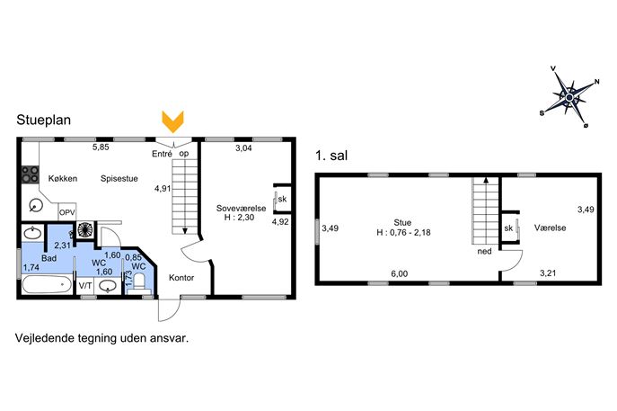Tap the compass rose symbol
[570, 97]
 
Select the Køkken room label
[63, 178]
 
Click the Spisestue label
[119, 178]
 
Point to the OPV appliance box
[66, 212]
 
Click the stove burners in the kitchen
[30, 174]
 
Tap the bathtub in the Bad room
[47, 284]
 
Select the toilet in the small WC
[139, 284]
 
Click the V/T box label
[85, 285]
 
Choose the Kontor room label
[181, 278]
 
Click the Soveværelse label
[242, 208]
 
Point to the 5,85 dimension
[101, 147]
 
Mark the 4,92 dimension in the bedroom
[280, 222]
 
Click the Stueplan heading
[44, 120]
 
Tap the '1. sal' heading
[331, 156]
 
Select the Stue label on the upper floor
[402, 223]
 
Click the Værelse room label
[551, 228]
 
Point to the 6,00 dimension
[400, 273]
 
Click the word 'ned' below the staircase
[484, 252]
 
